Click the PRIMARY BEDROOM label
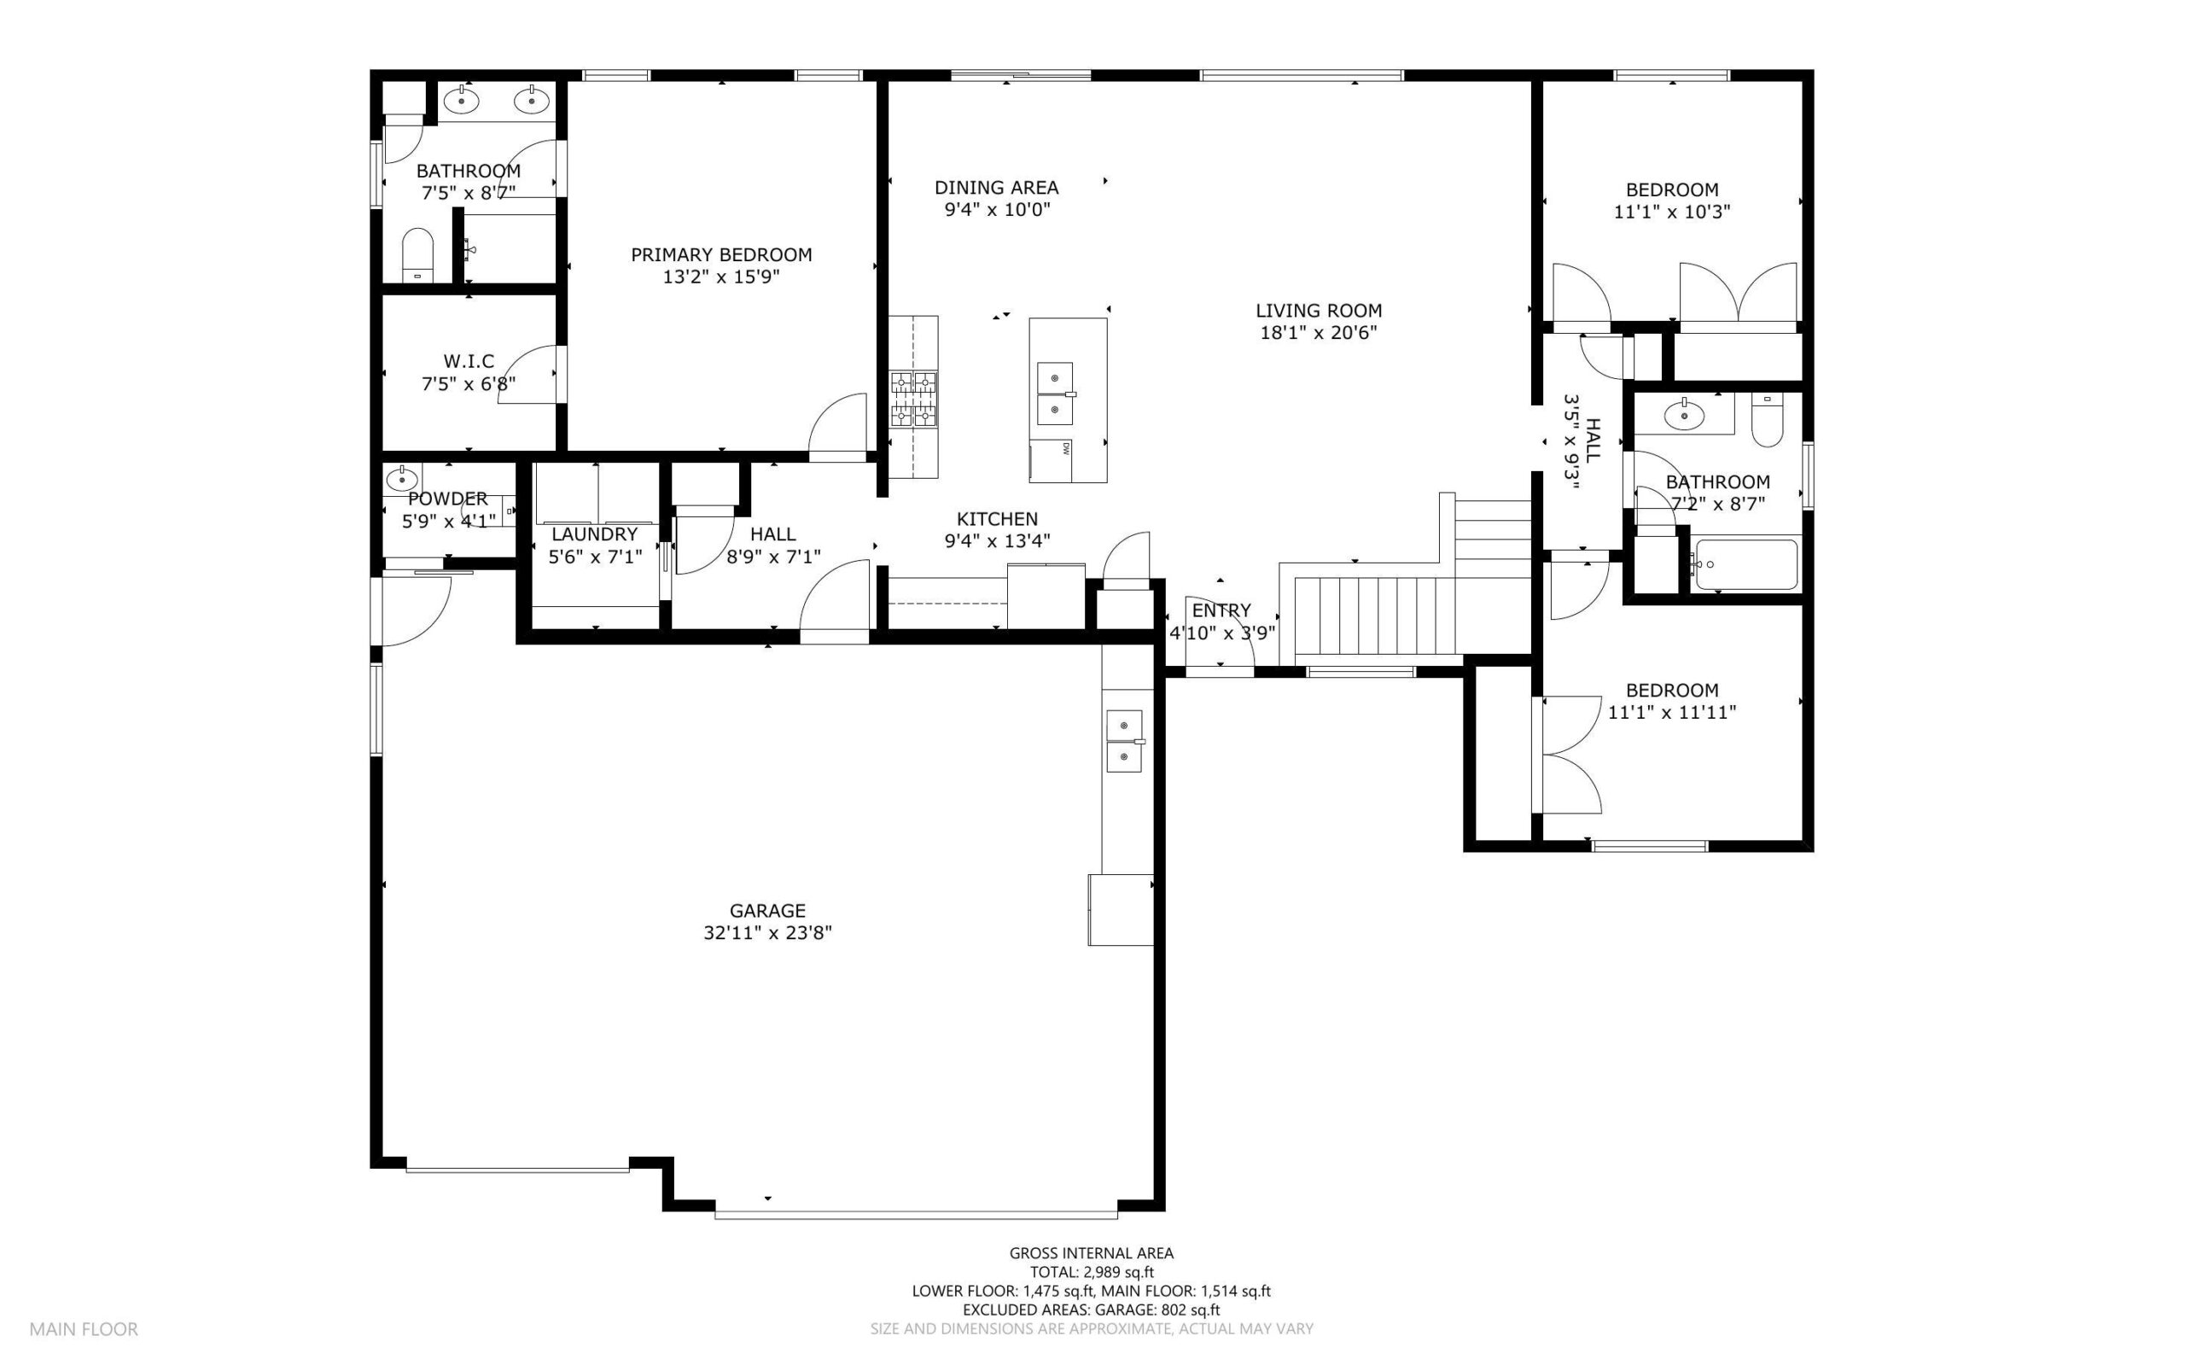[x=721, y=255]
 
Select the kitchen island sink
[x=1055, y=394]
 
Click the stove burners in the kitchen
[x=914, y=399]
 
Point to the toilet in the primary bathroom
[x=417, y=255]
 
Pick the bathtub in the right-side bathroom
[x=1745, y=565]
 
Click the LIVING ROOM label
[x=1319, y=311]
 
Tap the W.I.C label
[x=469, y=362]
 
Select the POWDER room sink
[x=400, y=476]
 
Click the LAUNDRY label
[x=595, y=534]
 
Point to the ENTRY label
[x=1221, y=610]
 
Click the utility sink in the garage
[x=1126, y=740]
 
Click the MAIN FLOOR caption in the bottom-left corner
[x=84, y=1330]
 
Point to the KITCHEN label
[x=997, y=519]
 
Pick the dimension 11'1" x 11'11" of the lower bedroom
[x=1672, y=713]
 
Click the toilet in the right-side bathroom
[x=1767, y=420]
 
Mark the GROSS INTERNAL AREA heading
[x=1092, y=1253]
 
